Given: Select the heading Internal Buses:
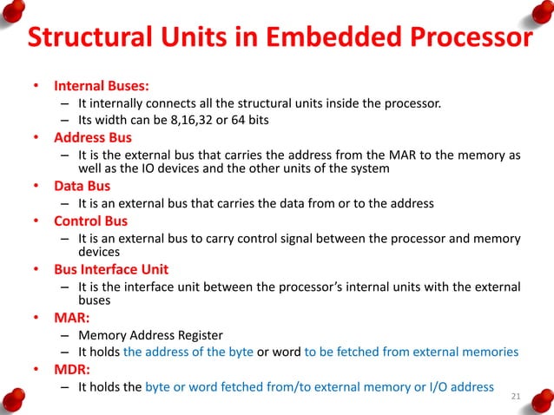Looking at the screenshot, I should [102, 87].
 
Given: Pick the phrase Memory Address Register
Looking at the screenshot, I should [149, 334].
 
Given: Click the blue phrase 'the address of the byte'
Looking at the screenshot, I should [188, 352].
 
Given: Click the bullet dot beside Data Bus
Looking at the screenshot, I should [36, 187].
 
